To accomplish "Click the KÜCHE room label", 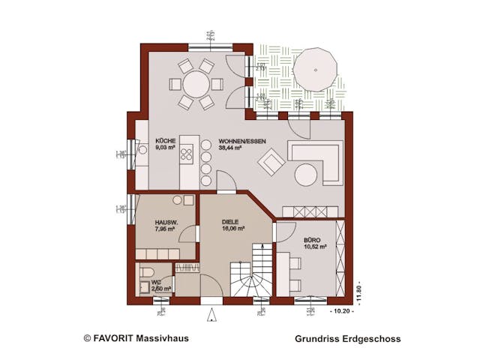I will [x=166, y=141].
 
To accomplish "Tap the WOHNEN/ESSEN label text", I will [x=241, y=141].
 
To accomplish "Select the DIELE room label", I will [x=231, y=223].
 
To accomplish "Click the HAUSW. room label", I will [x=166, y=223].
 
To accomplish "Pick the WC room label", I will [x=156, y=282].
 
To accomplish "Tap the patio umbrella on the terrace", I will [x=315, y=69].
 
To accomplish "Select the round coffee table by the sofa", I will [x=307, y=175].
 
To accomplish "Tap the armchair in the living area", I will [x=271, y=161].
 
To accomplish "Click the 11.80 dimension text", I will [x=361, y=288].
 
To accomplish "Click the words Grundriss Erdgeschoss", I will [x=348, y=339].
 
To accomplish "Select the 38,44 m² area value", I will [x=229, y=148].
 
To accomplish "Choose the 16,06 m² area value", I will [x=234, y=230].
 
